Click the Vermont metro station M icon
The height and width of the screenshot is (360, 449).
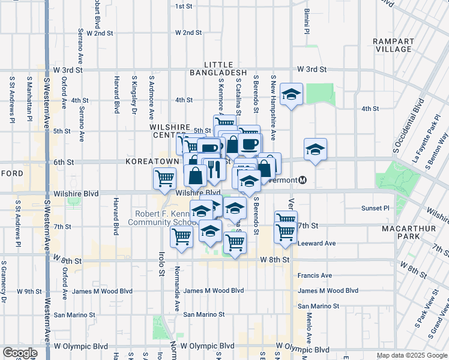(303, 180)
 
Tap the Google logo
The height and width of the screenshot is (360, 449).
(20, 353)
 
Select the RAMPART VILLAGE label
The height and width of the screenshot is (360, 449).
(393, 45)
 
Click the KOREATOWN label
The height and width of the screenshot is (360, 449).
(152, 162)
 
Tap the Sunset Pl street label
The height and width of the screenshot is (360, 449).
(375, 208)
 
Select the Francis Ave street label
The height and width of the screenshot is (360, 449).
(315, 275)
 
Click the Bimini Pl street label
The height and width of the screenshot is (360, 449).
(306, 21)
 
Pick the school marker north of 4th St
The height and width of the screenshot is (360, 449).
(292, 94)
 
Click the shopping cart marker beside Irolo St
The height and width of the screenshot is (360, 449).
(164, 177)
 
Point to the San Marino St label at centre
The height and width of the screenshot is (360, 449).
(204, 314)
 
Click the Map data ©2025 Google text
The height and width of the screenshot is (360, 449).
(411, 355)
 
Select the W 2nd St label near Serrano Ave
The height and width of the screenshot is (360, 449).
(100, 33)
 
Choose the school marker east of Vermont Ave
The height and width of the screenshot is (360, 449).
(315, 149)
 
